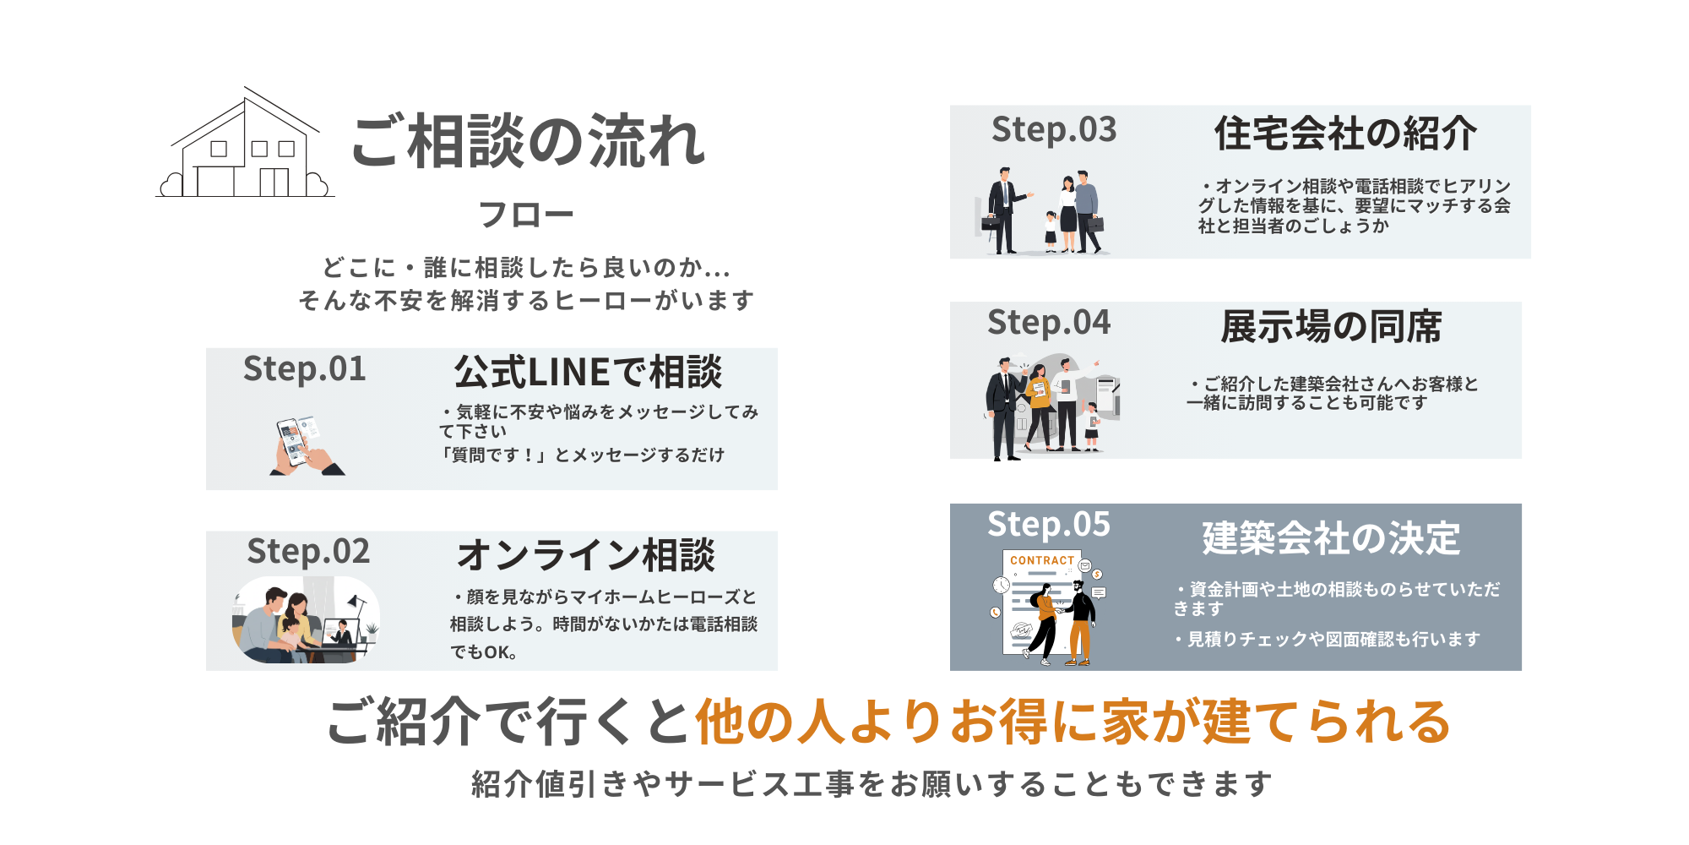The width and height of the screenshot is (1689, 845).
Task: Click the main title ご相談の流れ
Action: [528, 141]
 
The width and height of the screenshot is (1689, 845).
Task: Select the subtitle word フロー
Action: [525, 215]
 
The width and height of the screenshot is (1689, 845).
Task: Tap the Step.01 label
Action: [304, 369]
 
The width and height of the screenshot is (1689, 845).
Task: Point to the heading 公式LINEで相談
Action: [588, 372]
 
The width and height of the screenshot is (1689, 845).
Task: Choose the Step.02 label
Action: [308, 552]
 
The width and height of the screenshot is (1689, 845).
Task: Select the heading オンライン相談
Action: [586, 555]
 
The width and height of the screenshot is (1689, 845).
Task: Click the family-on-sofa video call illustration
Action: [306, 620]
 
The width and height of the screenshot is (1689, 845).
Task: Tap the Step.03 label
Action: [1054, 130]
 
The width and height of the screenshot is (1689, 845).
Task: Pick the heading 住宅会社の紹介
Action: [1346, 134]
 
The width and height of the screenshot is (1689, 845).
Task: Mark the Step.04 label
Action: [1049, 323]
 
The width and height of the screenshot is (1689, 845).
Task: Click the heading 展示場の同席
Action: [1331, 327]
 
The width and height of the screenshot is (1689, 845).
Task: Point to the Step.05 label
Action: [1049, 525]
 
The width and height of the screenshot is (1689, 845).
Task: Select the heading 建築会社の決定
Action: [1331, 538]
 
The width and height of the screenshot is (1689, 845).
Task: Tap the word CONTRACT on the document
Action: [1042, 560]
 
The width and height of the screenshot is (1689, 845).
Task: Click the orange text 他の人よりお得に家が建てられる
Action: [1073, 722]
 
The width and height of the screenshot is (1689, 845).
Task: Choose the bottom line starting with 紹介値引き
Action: [872, 784]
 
